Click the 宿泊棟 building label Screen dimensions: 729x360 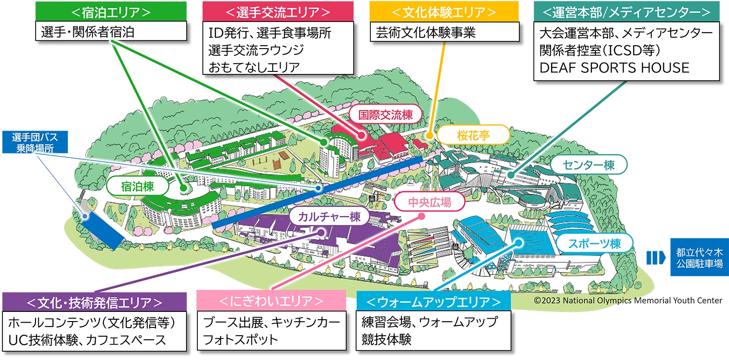pos(138,185)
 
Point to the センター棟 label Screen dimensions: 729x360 pos(588,165)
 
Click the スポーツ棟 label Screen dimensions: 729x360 pos(594,243)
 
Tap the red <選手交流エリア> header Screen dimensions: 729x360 pos(278,11)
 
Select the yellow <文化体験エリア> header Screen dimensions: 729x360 pos(444,11)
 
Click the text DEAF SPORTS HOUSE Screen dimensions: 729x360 pos(614,68)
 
